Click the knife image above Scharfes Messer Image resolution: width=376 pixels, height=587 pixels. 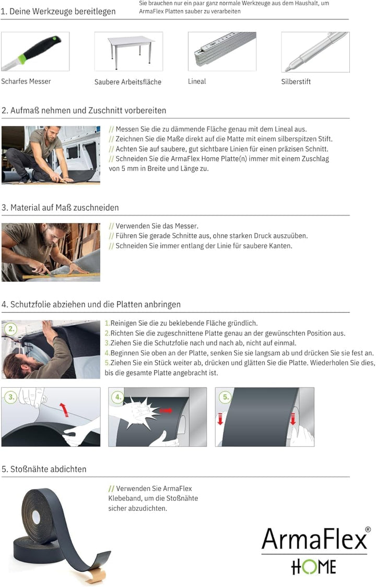35,51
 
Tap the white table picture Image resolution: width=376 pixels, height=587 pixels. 128,51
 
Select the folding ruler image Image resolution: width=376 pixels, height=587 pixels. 222,51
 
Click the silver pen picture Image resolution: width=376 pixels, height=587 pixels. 315,51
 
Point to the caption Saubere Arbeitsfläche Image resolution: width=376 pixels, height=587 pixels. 127,82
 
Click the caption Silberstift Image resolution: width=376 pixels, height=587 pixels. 296,82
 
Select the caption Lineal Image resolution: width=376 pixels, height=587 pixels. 197,82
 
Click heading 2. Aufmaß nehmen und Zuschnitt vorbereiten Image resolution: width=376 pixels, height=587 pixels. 84,111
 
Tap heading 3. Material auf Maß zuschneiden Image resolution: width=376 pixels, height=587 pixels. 60,208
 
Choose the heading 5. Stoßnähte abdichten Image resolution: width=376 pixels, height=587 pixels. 44,469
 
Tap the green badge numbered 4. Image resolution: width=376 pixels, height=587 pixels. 119,397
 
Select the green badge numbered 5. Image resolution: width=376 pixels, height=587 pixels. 226,397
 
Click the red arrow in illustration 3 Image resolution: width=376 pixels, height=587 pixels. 65,409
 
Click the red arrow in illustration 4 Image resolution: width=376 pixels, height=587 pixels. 166,411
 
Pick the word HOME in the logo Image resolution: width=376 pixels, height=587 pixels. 313,567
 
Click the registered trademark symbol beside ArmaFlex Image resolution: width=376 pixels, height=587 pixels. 368,530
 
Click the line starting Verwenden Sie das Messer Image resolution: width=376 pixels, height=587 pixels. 153,226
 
